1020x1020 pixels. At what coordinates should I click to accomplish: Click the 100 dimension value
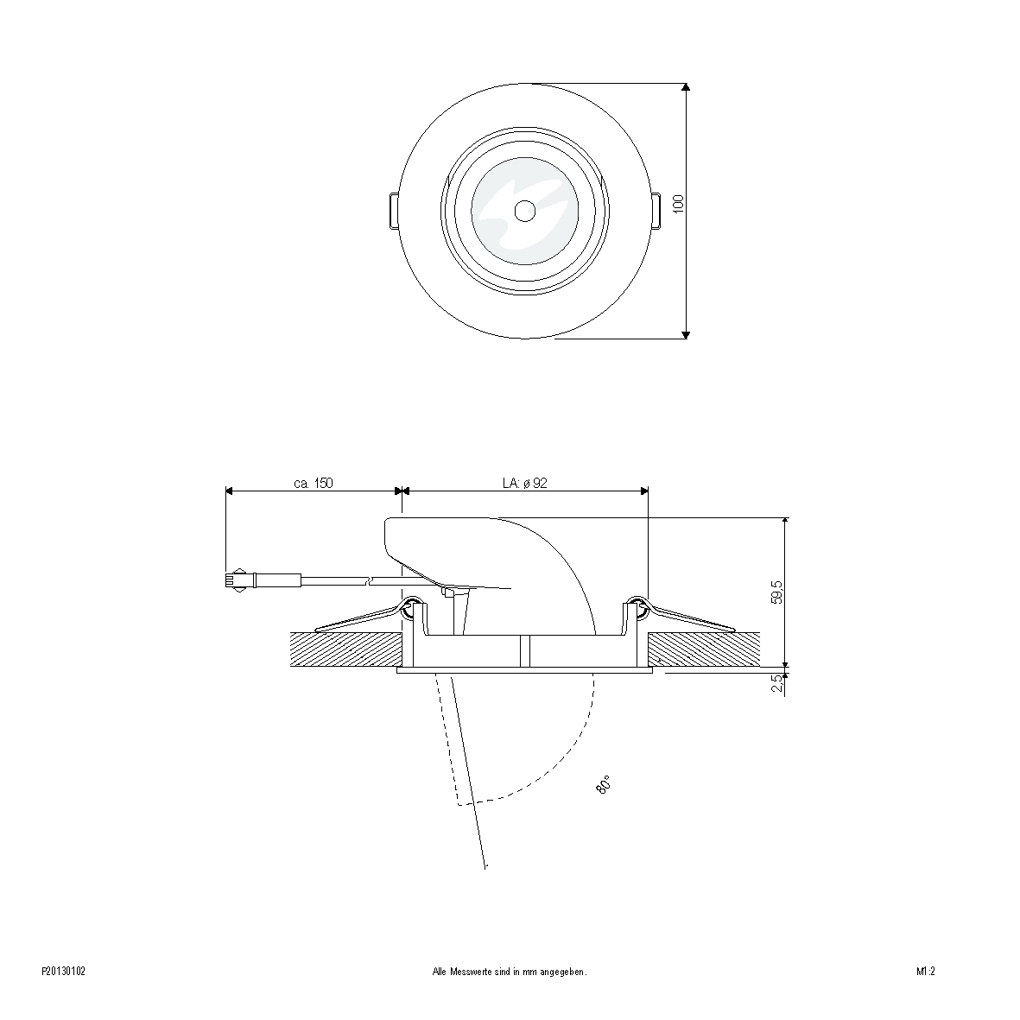679,204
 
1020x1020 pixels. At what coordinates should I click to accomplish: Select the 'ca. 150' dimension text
314,484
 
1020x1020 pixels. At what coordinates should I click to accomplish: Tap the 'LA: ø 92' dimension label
525,484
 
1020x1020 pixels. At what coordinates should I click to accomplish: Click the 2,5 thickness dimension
777,683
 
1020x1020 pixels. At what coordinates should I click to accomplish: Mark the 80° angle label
603,785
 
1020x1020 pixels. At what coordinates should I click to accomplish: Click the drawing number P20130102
63,972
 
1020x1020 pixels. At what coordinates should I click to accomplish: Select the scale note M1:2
927,972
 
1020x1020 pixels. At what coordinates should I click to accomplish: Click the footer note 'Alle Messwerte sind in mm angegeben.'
510,972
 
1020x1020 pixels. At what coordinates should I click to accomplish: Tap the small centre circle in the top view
524,210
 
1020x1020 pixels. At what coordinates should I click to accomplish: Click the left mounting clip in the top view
393,211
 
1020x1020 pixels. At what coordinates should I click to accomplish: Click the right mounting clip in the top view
656,211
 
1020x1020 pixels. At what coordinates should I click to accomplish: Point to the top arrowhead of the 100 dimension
686,87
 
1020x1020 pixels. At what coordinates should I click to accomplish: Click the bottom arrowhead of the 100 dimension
686,334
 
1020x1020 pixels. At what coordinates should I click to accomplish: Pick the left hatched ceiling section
345,649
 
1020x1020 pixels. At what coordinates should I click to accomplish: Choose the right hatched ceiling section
704,649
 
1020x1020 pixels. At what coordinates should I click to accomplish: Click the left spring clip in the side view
363,618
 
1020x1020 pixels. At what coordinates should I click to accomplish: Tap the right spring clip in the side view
687,618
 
